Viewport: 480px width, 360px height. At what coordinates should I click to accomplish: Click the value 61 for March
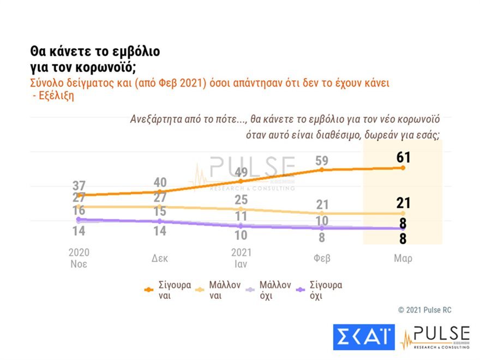coord(403,157)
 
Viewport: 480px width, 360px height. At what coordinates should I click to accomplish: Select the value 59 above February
coord(322,161)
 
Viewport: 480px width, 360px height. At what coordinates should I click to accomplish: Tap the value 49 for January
coord(241,172)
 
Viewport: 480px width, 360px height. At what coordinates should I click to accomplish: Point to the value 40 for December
coord(160,182)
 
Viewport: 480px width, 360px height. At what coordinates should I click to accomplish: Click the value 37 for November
coord(79,185)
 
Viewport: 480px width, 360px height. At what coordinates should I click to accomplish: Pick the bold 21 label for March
coord(403,203)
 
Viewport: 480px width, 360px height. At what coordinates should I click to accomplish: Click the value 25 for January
coord(241,200)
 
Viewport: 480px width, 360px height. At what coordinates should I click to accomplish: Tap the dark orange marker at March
coord(403,168)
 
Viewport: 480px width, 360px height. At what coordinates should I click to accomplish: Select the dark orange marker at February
coord(322,170)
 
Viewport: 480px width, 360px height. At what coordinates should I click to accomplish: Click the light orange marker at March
coord(403,213)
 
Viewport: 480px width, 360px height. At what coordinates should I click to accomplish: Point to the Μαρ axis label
coord(403,259)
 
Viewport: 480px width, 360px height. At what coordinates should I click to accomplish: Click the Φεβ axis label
coord(322,259)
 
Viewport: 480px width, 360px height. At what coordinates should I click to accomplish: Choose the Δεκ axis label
coord(160,259)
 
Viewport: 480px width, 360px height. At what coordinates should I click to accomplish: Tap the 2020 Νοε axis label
coord(79,258)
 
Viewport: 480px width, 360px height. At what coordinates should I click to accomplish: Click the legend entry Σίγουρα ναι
coord(168,290)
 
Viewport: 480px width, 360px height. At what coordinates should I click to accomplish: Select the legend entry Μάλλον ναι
coord(218,290)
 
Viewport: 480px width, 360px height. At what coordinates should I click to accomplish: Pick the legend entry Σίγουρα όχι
coord(319,290)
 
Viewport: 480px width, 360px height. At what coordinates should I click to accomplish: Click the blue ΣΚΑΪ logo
coord(364,337)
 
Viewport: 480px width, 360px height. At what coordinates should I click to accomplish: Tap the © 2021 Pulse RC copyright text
coord(424,310)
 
